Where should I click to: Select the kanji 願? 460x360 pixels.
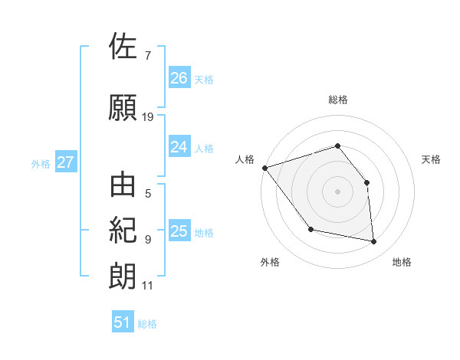pyautogui.click(x=123, y=107)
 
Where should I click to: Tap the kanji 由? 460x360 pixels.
pyautogui.click(x=123, y=186)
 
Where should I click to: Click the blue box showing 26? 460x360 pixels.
pyautogui.click(x=179, y=78)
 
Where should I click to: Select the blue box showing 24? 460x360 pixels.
pyautogui.click(x=179, y=147)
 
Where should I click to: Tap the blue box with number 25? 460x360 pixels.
pyautogui.click(x=179, y=231)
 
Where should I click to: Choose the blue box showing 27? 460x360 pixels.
pyautogui.click(x=65, y=162)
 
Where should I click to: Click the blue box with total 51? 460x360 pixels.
pyautogui.click(x=123, y=322)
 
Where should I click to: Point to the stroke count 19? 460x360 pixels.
pyautogui.click(x=148, y=117)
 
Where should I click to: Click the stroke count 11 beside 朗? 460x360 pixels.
pyautogui.click(x=148, y=286)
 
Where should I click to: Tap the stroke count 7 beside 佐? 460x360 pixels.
pyautogui.click(x=148, y=56)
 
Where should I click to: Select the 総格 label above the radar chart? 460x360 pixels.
pyautogui.click(x=337, y=100)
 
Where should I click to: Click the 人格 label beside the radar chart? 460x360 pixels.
pyautogui.click(x=245, y=159)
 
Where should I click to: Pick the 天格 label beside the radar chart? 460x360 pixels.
pyautogui.click(x=431, y=159)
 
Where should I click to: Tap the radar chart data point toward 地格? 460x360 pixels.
pyautogui.click(x=374, y=242)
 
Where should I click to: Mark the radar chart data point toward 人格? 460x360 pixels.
pyautogui.click(x=264, y=168)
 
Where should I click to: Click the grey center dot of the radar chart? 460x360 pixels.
pyautogui.click(x=337, y=191)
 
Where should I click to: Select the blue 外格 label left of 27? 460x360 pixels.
pyautogui.click(x=41, y=163)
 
